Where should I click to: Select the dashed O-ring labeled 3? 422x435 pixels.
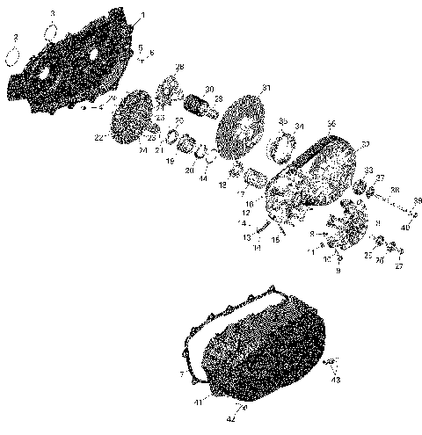[x=51, y=33]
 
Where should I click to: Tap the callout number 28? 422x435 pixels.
[x=179, y=68]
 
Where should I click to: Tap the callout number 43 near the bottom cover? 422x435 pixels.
[x=336, y=381]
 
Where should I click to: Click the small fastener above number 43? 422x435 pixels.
[x=331, y=364]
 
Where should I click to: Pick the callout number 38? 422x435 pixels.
[x=394, y=191]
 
